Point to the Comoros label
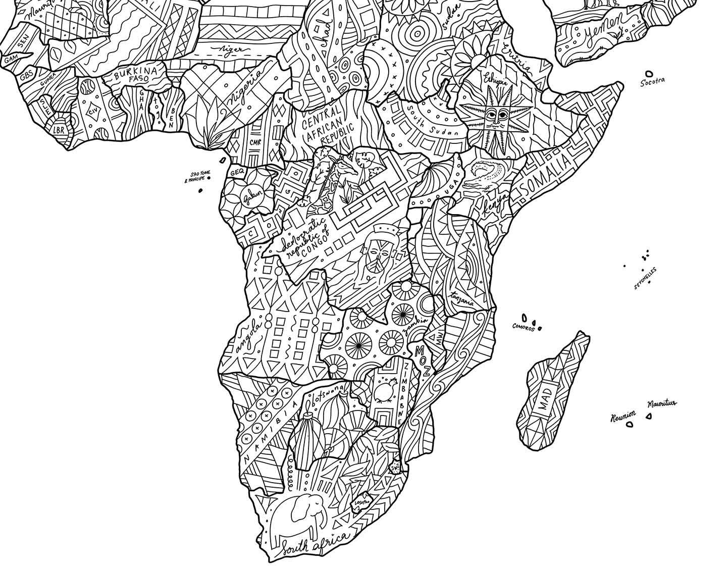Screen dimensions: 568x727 [522, 328]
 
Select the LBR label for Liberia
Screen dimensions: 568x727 [60, 129]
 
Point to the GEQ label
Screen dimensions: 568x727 [237, 172]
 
